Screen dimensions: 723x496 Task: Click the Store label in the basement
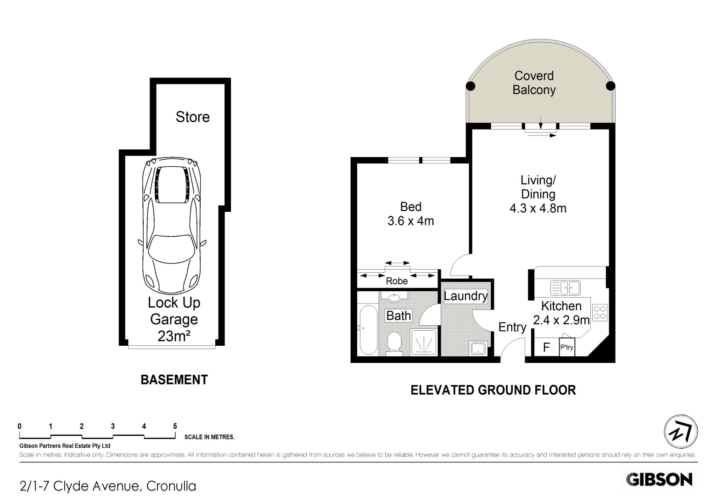pyautogui.click(x=193, y=117)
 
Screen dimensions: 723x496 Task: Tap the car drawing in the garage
pyautogui.click(x=172, y=225)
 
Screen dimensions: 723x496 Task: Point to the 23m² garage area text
pyautogui.click(x=174, y=336)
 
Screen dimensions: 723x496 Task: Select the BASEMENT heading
pyautogui.click(x=174, y=380)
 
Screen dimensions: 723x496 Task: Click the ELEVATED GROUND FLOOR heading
pyautogui.click(x=493, y=390)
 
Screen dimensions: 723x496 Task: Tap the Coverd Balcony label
pyautogui.click(x=534, y=83)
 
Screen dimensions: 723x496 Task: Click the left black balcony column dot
pyautogui.click(x=471, y=86)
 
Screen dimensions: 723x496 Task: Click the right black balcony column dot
pyautogui.click(x=611, y=86)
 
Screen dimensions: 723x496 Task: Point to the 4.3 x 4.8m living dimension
pyautogui.click(x=538, y=209)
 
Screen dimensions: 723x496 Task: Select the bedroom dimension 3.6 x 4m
pyautogui.click(x=410, y=221)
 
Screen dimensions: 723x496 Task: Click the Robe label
pyautogui.click(x=397, y=281)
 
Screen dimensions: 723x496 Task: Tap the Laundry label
pyautogui.click(x=465, y=296)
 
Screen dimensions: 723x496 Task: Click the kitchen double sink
pyautogui.click(x=565, y=287)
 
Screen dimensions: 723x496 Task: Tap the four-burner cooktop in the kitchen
pyautogui.click(x=600, y=313)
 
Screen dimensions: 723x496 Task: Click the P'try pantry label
pyautogui.click(x=567, y=347)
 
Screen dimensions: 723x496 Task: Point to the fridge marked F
pyautogui.click(x=546, y=348)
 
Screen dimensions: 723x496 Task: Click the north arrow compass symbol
pyautogui.click(x=681, y=431)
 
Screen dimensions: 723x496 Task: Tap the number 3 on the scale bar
pyautogui.click(x=112, y=426)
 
